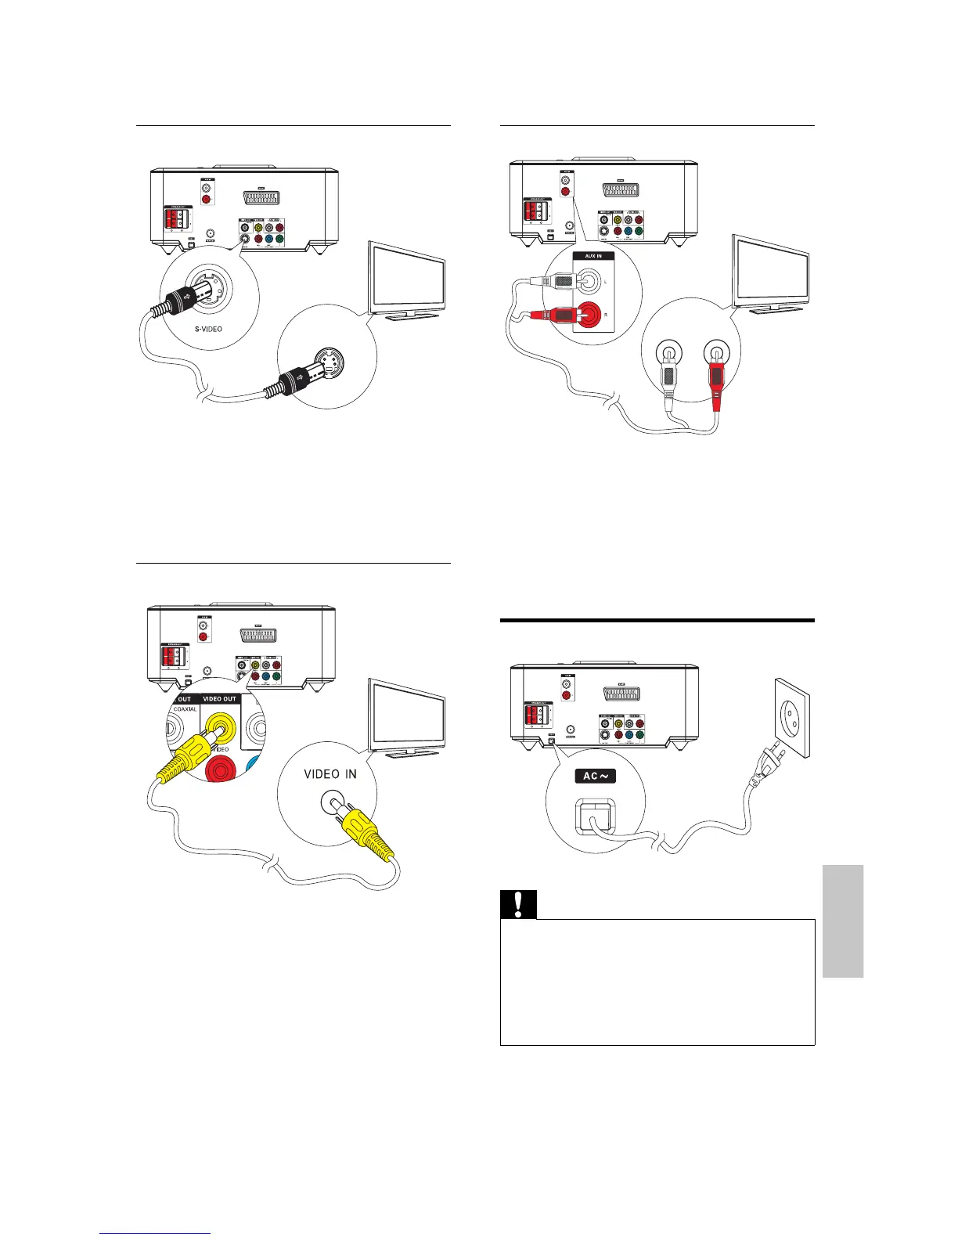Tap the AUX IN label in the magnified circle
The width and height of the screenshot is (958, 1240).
pyautogui.click(x=593, y=256)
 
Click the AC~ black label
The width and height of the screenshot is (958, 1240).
pyautogui.click(x=596, y=776)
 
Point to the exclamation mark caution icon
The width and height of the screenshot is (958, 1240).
pyautogui.click(x=517, y=903)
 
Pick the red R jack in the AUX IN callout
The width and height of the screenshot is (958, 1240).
pyautogui.click(x=592, y=315)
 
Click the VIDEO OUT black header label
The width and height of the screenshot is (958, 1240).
pyautogui.click(x=220, y=699)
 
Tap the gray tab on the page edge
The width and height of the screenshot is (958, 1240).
pyautogui.click(x=843, y=921)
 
